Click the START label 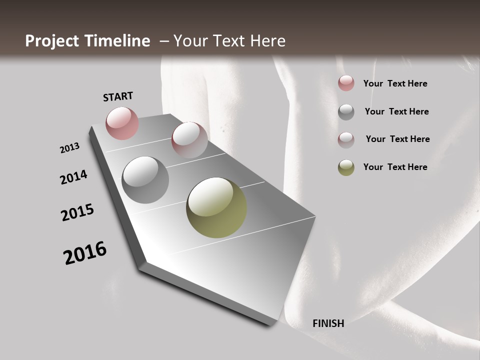pos(118,96)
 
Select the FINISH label pos(328,323)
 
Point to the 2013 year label pos(69,148)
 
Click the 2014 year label pos(73,177)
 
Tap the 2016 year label pos(85,253)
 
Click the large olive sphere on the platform pos(216,207)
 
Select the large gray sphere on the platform pos(145,180)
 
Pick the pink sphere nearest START pos(122,123)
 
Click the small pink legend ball pos(346,83)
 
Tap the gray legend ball pos(346,112)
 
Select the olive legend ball pos(346,167)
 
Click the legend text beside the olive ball pos(395,167)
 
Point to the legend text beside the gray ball pos(396,111)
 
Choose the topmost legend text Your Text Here pos(395,83)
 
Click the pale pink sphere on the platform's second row pos(189,139)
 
